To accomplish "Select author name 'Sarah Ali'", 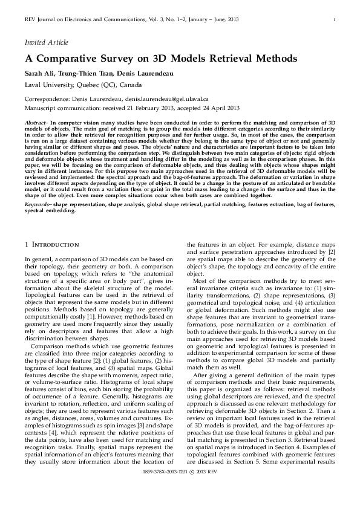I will pyautogui.click(x=38, y=73).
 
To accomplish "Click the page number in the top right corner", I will pyautogui.click(x=335, y=21).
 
